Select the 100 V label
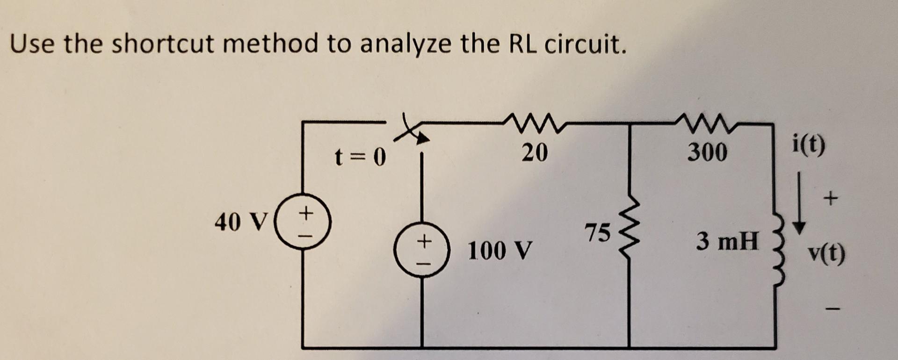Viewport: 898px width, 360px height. click(500, 251)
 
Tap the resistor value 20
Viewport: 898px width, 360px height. click(534, 152)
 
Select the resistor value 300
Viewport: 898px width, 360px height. click(707, 152)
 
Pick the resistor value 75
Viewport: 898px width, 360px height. click(598, 232)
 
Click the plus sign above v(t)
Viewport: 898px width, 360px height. click(831, 199)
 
